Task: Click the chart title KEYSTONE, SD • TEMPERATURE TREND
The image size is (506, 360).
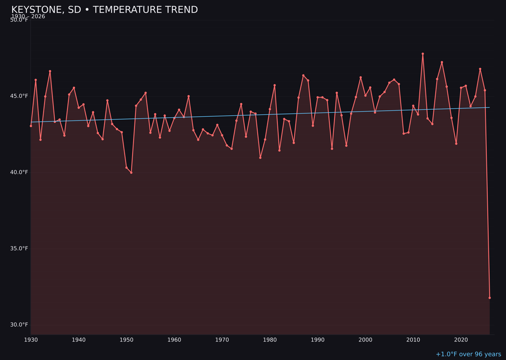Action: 104,10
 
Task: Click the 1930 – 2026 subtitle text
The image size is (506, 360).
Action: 28,16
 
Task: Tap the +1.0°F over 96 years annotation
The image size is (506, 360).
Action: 468,354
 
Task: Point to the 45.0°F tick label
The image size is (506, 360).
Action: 19,96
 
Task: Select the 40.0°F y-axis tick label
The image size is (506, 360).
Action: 19,172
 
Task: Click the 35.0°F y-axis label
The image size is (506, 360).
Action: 19,248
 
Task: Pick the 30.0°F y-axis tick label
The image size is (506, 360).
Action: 19,324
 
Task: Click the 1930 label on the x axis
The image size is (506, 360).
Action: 31,340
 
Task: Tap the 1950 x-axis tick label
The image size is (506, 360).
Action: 126,340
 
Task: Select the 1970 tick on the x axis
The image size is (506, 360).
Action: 222,340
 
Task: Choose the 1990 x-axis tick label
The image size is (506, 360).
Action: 318,340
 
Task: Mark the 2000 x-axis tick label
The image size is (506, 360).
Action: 365,340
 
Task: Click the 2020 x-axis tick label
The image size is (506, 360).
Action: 461,340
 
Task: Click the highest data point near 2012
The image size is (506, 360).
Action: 423,54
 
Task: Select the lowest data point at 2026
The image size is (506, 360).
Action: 490,298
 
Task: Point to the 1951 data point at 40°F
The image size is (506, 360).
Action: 131,172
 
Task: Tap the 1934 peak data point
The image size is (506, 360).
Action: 50,71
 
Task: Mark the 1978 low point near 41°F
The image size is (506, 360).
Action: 260,157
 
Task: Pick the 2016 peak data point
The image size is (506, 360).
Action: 442,62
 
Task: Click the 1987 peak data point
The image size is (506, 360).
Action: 303,75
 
